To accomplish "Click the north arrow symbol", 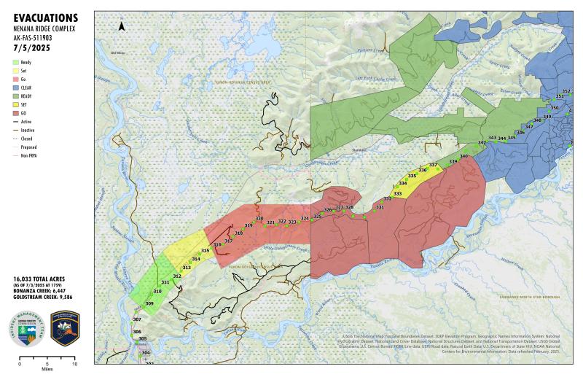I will [122, 26].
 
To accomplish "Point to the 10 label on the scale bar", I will [74, 362].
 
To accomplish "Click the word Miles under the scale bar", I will [47, 369].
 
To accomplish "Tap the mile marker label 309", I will [149, 303].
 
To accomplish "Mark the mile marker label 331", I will [380, 208].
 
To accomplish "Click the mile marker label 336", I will [423, 170].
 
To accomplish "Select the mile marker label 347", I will [529, 127].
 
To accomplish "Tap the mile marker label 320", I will [259, 219].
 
